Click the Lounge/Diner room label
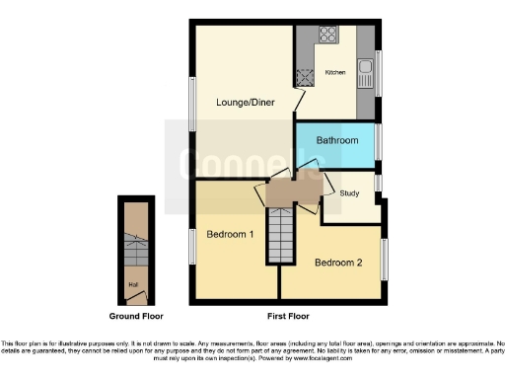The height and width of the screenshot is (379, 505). [x=245, y=102]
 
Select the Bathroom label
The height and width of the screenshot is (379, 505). [x=336, y=141]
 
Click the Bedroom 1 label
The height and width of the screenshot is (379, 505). [x=230, y=235]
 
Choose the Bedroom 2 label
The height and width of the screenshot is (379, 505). [x=338, y=263]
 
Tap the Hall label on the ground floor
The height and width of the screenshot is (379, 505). [x=131, y=285]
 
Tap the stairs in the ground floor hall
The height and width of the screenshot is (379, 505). [x=132, y=253]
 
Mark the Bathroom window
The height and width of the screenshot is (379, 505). [x=378, y=141]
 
